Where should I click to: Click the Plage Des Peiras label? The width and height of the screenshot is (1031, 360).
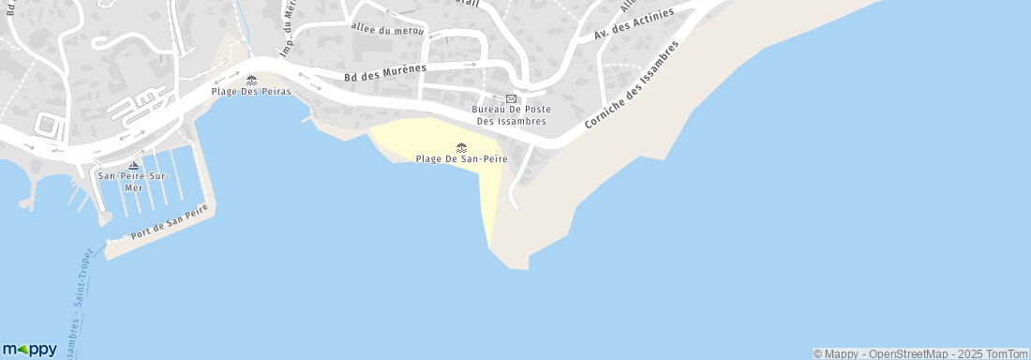point(251,92)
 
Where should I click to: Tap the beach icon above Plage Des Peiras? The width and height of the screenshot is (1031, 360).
point(251,80)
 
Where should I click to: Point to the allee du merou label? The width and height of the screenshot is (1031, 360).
point(387,30)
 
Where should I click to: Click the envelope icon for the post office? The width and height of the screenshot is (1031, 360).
point(511,98)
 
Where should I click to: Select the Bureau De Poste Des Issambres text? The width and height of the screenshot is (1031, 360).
point(512,114)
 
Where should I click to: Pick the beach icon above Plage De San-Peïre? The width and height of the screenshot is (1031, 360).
point(461,147)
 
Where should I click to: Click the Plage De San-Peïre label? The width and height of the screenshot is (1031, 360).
point(461,159)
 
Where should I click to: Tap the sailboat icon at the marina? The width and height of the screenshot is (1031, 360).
point(133,166)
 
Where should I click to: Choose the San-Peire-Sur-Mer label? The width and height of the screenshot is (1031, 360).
point(132,180)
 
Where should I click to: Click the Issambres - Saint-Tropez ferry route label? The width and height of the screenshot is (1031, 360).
point(81,300)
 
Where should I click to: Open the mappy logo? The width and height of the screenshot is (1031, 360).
point(29,349)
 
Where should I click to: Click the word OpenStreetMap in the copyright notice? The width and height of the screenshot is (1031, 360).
point(907,353)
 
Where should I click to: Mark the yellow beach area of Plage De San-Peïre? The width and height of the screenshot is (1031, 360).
point(441,136)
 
